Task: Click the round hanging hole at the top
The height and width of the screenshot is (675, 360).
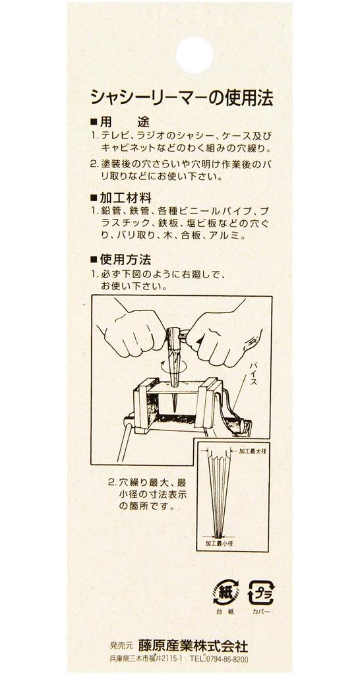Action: [x=195, y=55]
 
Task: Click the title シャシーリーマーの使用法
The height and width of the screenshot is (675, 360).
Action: [x=182, y=99]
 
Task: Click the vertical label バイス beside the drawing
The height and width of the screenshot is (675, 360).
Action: [x=254, y=373]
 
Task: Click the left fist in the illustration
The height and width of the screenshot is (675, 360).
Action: [x=131, y=334]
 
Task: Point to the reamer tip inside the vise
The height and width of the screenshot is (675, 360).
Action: [x=175, y=407]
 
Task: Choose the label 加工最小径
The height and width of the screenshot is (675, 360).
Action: [x=222, y=543]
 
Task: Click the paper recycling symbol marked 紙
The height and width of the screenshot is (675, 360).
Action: [x=225, y=592]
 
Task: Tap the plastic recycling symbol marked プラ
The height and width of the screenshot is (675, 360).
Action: [x=260, y=593]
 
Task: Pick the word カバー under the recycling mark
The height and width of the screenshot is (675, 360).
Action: [x=260, y=612]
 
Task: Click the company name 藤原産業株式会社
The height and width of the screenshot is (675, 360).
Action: [x=193, y=646]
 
